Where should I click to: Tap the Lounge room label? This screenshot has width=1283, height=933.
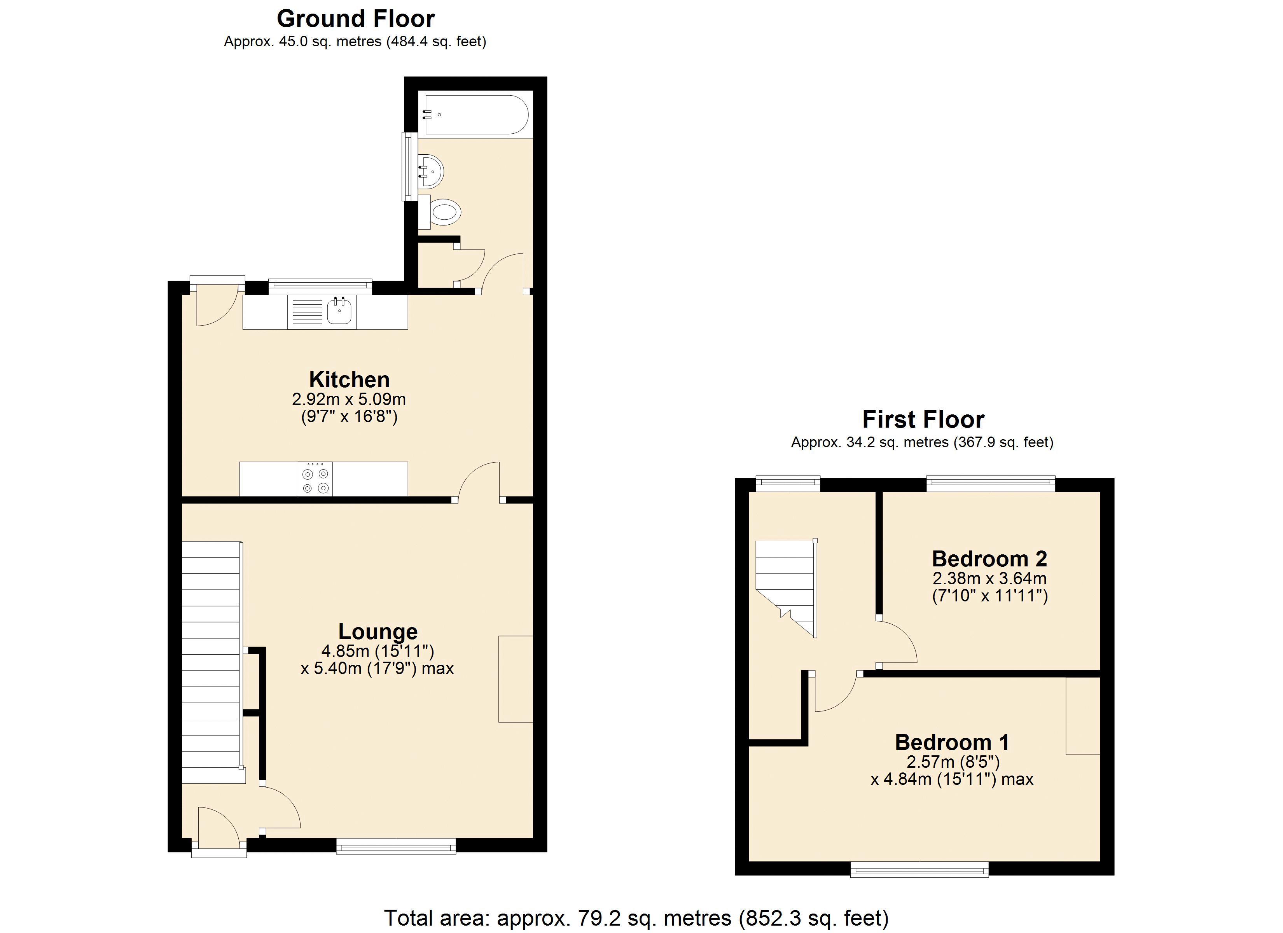pos(378,631)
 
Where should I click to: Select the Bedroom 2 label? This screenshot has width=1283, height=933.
pos(989,559)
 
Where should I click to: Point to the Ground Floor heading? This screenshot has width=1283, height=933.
pos(355,19)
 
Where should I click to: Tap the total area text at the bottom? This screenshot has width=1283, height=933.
pos(636,918)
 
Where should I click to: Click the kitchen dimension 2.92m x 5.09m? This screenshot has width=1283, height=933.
pos(349,400)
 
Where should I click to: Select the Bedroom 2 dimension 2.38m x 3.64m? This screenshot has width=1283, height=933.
pos(989,579)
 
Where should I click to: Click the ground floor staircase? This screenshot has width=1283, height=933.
pos(211,662)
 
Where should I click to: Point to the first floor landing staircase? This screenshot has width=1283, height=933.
pos(785,585)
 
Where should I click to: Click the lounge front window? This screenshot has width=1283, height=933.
pos(396,846)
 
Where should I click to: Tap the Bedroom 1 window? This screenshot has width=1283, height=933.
pos(920,870)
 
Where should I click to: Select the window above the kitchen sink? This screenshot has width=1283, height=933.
pos(320,286)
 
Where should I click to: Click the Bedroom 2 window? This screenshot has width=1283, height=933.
pos(991,483)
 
